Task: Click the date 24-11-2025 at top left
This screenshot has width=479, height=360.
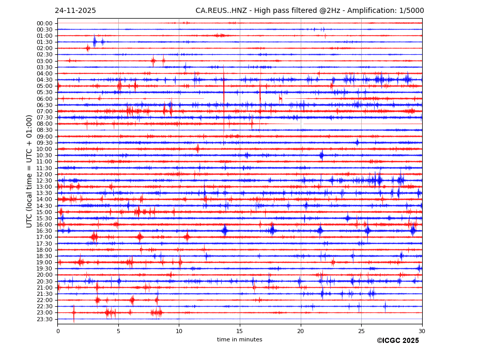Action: [75, 11]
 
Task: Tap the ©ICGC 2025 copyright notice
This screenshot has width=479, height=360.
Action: [397, 340]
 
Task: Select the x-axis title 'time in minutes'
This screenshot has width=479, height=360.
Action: [239, 339]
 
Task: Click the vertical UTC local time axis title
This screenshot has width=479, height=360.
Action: [29, 171]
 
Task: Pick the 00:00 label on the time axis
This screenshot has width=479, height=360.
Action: [44, 23]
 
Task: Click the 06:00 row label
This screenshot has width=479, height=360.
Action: [44, 99]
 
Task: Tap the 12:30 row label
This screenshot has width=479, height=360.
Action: [44, 181]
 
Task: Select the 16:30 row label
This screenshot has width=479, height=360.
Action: [44, 231]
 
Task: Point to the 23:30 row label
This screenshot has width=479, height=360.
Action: [44, 319]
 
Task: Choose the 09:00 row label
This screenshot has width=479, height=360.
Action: [44, 137]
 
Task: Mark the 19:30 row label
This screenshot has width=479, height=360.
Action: [44, 268]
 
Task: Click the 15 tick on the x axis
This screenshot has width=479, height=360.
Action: [240, 331]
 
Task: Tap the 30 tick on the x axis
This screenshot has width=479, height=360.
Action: [422, 331]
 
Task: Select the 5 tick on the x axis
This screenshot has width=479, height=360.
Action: [118, 331]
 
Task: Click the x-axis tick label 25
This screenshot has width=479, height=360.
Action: [361, 331]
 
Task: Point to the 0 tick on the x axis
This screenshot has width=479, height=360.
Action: [58, 331]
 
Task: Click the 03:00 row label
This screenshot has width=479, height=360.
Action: [44, 61]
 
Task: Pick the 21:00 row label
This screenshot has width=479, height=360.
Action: [44, 288]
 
